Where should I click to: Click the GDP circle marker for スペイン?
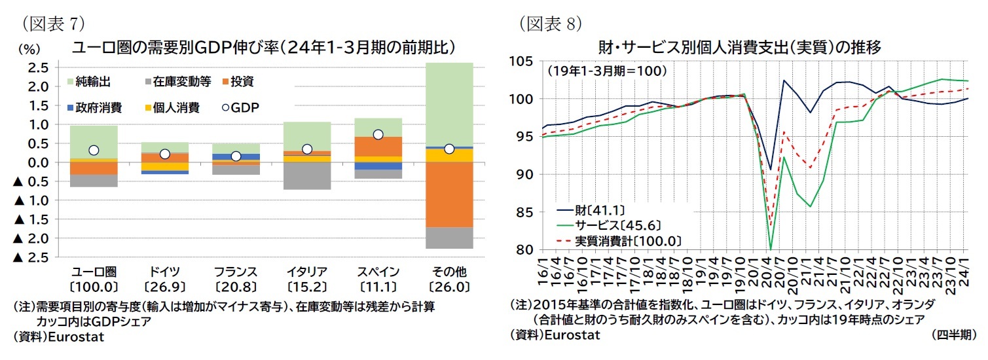click(x=378, y=134)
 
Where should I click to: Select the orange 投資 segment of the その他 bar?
click(x=449, y=194)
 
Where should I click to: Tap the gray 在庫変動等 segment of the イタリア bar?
click(x=306, y=175)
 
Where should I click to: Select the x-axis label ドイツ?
click(x=164, y=271)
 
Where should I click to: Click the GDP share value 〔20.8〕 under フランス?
click(x=235, y=286)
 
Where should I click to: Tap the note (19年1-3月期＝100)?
click(x=606, y=69)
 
